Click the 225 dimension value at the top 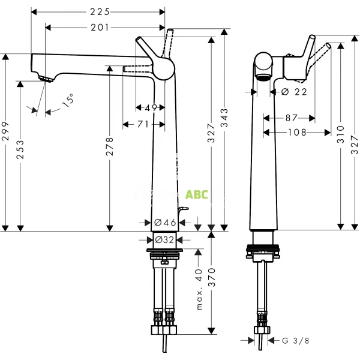click(x=98, y=11)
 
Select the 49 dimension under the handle click(x=151, y=108)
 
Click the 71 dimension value click(x=143, y=124)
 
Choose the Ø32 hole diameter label click(x=165, y=239)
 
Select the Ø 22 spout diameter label click(x=294, y=92)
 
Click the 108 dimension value click(x=297, y=132)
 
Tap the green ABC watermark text click(x=197, y=194)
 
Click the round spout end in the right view click(x=263, y=63)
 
